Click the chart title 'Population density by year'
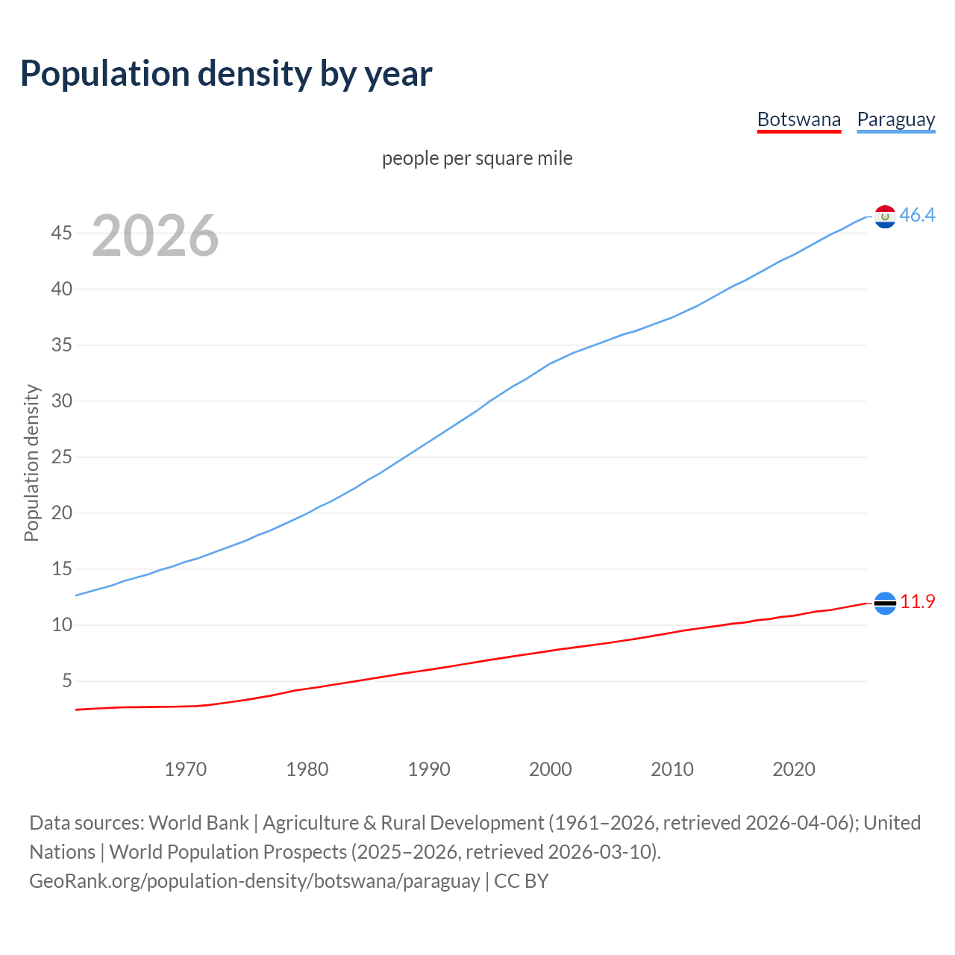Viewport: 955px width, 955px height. [226, 74]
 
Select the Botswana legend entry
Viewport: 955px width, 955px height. [798, 119]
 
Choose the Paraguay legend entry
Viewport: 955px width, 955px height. [895, 119]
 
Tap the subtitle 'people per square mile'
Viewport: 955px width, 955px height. [477, 158]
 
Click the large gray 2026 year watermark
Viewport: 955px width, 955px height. [155, 236]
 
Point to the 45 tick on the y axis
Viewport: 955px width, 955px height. [61, 234]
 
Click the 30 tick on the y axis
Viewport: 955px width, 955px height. [61, 401]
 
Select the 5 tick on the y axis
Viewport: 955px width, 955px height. [67, 681]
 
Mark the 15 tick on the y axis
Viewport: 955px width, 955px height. [61, 569]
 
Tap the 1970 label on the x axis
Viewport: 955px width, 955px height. [185, 769]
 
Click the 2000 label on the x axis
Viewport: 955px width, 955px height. [550, 769]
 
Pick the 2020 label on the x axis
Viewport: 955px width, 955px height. [793, 769]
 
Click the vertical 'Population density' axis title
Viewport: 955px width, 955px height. [31, 463]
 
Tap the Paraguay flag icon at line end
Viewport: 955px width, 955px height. [885, 216]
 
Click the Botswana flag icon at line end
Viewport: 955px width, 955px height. [885, 603]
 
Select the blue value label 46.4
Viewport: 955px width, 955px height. [917, 216]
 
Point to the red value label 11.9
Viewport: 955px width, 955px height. [917, 602]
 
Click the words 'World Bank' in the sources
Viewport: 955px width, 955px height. [198, 823]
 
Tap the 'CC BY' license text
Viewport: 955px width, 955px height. [522, 881]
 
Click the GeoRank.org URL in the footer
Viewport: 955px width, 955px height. [254, 881]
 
